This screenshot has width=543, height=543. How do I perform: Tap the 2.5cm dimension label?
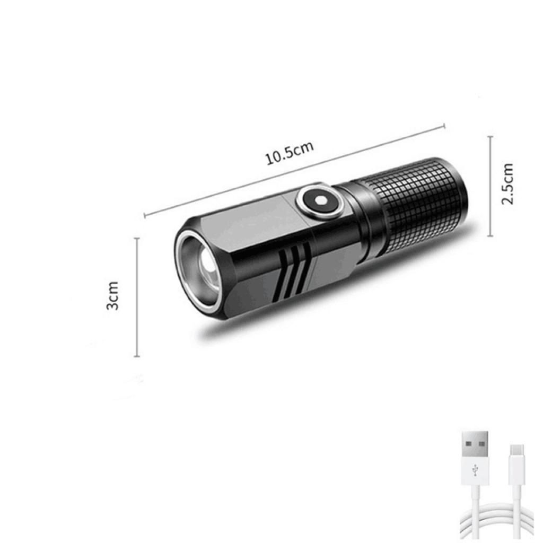[507, 184]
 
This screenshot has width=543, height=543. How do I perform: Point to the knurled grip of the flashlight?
[419, 207]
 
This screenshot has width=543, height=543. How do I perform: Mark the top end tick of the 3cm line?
[137, 239]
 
